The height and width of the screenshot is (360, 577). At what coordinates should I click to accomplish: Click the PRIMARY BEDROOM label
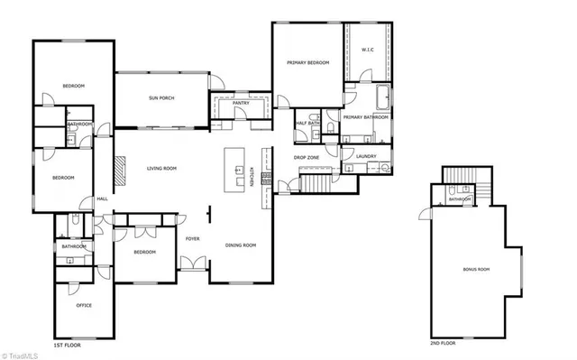(x=307, y=62)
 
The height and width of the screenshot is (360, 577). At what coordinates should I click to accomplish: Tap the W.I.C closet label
(x=368, y=50)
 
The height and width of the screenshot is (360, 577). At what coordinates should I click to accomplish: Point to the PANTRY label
(x=241, y=104)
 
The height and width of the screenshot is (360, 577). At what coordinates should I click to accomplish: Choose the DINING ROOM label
(x=241, y=245)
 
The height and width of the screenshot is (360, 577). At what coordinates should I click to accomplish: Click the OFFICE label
(x=84, y=305)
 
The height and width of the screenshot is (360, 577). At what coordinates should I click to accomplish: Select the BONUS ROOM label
(x=476, y=268)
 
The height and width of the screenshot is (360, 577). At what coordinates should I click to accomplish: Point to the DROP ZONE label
(x=307, y=157)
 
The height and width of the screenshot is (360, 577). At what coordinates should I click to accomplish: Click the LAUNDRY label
(x=365, y=156)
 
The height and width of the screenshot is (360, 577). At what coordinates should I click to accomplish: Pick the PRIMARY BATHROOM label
(x=365, y=117)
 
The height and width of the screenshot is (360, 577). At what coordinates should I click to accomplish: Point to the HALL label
(x=102, y=198)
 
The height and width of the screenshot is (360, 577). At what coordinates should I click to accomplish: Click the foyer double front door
(x=192, y=264)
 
